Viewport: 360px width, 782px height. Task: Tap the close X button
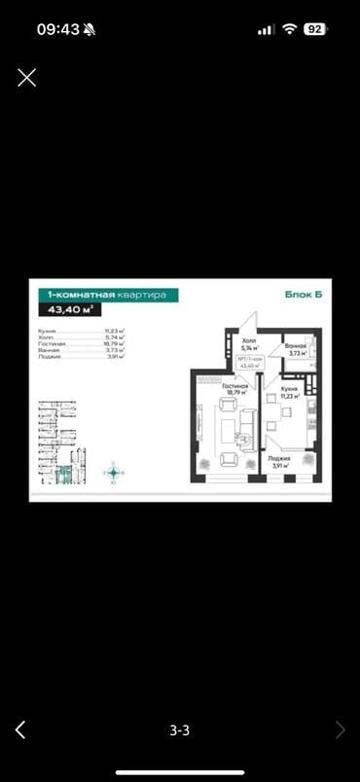click(27, 78)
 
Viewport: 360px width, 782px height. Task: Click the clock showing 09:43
click(59, 29)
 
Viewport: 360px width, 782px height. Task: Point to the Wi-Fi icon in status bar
click(289, 29)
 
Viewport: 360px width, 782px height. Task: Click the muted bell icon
click(90, 29)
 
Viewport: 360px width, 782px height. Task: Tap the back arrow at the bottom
click(20, 729)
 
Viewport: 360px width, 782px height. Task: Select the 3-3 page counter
click(180, 729)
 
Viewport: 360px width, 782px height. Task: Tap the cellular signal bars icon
click(266, 29)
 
